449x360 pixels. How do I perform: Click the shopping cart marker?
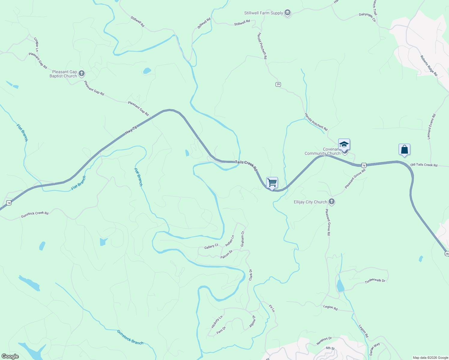[x=272, y=182]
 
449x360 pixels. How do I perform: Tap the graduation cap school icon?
[x=344, y=144]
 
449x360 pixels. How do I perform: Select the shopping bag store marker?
[x=404, y=149]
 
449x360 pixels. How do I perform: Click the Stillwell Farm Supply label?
[x=264, y=13]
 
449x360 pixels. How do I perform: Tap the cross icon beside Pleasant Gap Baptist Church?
[x=81, y=73]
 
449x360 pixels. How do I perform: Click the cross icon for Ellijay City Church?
[x=331, y=202]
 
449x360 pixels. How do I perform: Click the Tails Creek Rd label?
[x=246, y=166]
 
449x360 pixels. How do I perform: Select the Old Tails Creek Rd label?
[x=424, y=165]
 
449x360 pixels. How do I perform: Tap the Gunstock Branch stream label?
[x=130, y=337]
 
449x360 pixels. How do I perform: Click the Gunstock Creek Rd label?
[x=35, y=214]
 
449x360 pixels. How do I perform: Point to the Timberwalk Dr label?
[x=375, y=281]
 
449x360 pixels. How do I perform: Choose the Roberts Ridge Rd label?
[x=429, y=66]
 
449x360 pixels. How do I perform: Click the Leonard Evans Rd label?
[x=431, y=126]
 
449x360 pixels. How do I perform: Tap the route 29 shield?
[x=278, y=85]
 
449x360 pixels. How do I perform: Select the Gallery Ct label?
[x=211, y=247]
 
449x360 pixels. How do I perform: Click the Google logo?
[x=10, y=356]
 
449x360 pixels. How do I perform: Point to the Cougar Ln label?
[x=36, y=44]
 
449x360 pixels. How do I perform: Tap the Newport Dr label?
[x=324, y=341]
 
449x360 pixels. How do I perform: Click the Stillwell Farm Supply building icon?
[x=288, y=13]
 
